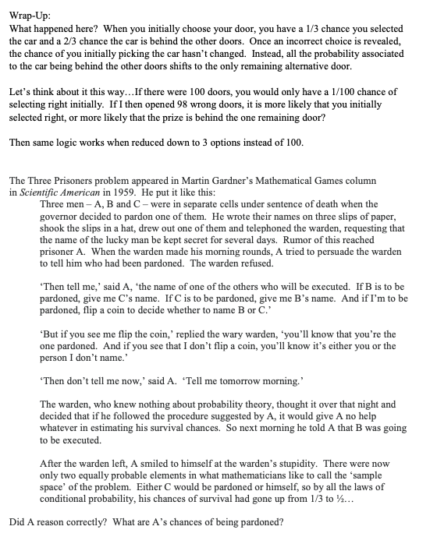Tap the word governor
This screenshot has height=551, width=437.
[59, 216]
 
